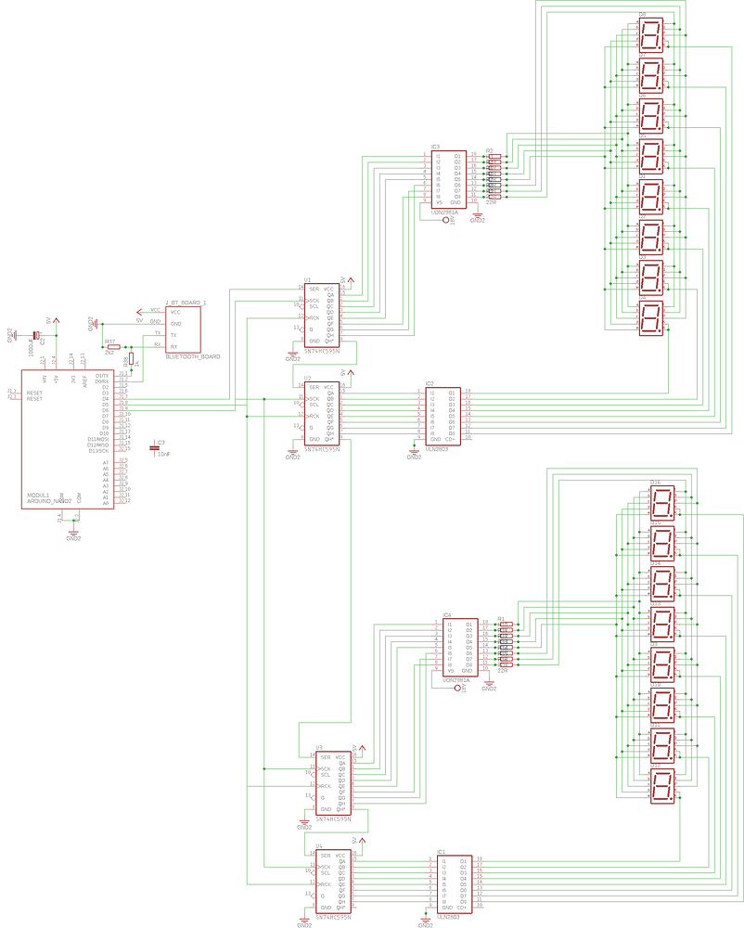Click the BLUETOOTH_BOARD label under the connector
pos(192,357)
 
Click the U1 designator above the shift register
pos(307,279)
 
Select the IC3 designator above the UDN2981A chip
pos(435,147)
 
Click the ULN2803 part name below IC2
pos(437,448)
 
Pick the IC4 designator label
pos(446,614)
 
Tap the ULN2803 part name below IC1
pos(448,916)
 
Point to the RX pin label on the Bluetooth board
pos(173,346)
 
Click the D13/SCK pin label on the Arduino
pos(98,450)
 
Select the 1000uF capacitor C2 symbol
pos(36,335)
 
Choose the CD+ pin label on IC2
pos(451,439)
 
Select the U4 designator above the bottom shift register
pos(318,846)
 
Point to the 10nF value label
pos(163,454)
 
